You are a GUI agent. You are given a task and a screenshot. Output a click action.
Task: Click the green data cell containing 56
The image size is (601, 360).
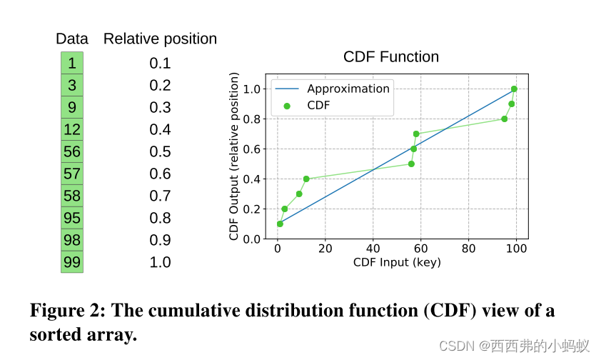(x=71, y=151)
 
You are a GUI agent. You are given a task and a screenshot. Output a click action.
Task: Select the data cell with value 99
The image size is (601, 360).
(x=71, y=262)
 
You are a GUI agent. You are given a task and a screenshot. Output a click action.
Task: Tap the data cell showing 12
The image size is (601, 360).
(x=71, y=129)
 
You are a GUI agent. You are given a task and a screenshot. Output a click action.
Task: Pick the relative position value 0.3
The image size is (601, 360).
(x=160, y=107)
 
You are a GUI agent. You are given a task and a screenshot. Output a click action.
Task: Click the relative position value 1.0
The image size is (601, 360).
(x=160, y=262)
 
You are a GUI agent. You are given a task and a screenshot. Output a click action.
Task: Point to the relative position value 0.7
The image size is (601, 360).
(x=160, y=196)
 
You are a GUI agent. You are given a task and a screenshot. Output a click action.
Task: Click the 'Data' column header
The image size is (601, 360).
(x=72, y=39)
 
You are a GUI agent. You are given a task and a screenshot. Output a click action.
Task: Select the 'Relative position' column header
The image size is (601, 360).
(x=160, y=39)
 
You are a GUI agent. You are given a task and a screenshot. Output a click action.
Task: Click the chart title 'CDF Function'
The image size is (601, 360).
(x=391, y=57)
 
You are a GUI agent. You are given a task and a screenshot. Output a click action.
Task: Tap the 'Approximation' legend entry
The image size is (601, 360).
(x=348, y=89)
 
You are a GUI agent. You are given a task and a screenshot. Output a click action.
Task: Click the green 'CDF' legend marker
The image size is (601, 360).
(x=287, y=105)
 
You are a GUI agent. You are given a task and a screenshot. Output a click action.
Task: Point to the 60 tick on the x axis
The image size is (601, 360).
(x=420, y=249)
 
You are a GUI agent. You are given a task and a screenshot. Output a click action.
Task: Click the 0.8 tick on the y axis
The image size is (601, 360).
(x=253, y=119)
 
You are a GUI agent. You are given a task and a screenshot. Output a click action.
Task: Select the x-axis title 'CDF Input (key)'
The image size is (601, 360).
(x=397, y=262)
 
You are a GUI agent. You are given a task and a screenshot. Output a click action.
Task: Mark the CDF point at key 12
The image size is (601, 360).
(x=306, y=179)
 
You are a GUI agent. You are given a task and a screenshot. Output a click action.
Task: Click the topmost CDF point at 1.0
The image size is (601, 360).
(x=514, y=89)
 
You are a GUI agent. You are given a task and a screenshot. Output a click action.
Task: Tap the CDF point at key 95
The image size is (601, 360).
(x=505, y=119)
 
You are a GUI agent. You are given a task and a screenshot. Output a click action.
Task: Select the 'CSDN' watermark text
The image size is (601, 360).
(x=457, y=346)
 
